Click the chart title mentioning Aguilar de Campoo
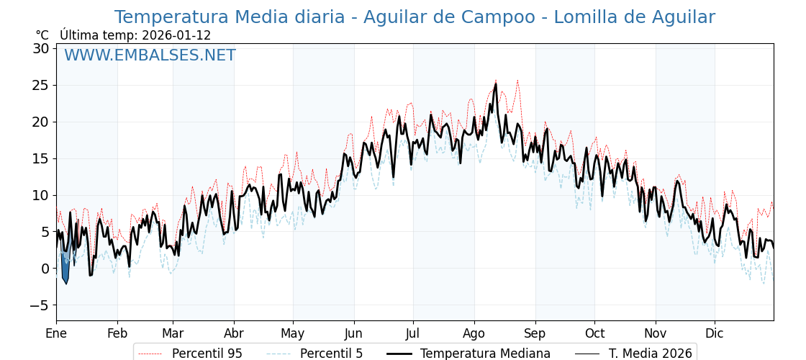coord(415,17)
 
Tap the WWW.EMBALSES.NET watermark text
coord(150,55)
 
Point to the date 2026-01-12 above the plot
coord(176,35)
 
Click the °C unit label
coord(42,35)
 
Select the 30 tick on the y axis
coord(40,49)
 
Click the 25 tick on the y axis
coord(40,86)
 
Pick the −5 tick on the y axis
coord(39,305)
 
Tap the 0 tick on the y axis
coord(45,269)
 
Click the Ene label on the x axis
coord(56,334)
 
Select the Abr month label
coord(234,334)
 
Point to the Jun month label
coord(353,334)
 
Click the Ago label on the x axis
coord(474,334)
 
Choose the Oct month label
coord(594,334)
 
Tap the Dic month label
coord(715,334)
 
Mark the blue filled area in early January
coord(65,270)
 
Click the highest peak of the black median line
coord(496,84)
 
